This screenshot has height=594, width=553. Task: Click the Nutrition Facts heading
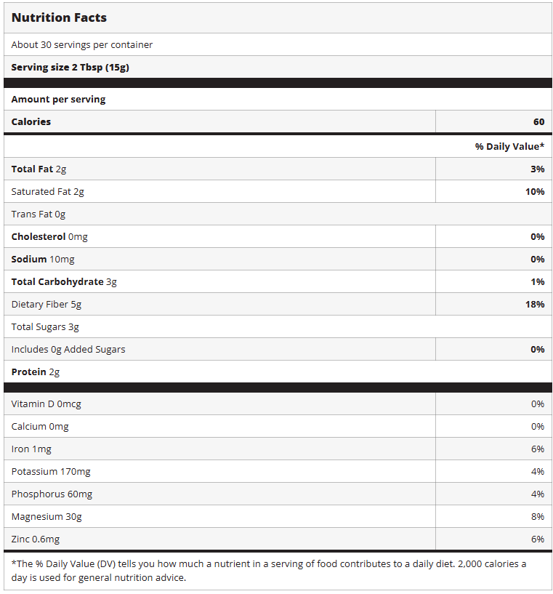(x=59, y=17)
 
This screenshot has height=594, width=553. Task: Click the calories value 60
(x=538, y=122)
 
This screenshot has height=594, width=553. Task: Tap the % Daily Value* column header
(x=509, y=146)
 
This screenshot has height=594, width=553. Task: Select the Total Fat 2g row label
(x=39, y=169)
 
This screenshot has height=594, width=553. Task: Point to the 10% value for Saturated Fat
(x=535, y=191)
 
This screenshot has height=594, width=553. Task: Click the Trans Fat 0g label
(x=39, y=214)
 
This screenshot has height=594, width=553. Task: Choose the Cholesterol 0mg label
(x=49, y=236)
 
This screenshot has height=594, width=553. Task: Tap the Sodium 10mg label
(x=43, y=259)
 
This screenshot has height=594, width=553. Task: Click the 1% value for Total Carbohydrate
(x=537, y=281)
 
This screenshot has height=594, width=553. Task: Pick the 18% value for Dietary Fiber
(x=535, y=304)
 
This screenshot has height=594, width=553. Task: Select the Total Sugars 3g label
(x=45, y=326)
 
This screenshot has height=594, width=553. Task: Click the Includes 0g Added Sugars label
(x=68, y=349)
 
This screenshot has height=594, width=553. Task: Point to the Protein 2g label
(x=36, y=372)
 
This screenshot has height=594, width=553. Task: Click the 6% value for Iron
(x=537, y=449)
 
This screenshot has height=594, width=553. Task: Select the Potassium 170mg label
(x=51, y=471)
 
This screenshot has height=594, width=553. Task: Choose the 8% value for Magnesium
(x=537, y=516)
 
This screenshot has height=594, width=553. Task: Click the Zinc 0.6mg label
(x=36, y=539)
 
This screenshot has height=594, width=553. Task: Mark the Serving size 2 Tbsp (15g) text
(x=70, y=67)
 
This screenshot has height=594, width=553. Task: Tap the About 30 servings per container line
(x=82, y=44)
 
